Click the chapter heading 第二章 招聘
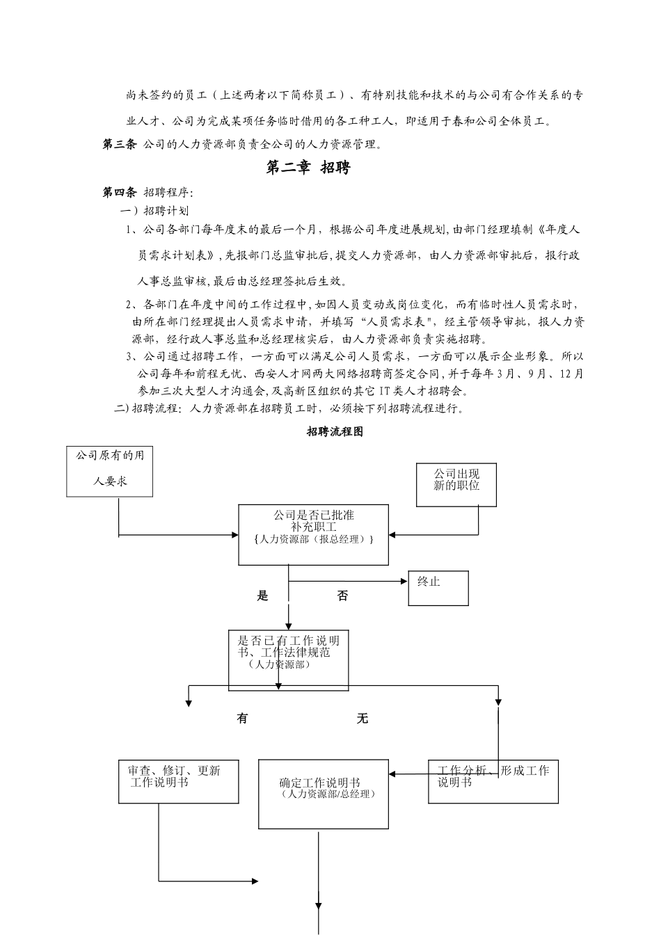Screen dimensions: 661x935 (x=308, y=167)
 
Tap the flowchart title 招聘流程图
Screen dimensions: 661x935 (x=335, y=432)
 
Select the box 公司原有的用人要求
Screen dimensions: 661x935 (x=110, y=472)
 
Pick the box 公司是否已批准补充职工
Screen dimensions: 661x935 (x=313, y=534)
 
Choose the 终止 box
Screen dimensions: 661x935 (x=438, y=588)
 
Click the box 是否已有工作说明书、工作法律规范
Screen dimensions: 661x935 (x=288, y=660)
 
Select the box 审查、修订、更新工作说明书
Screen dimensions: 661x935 (x=178, y=781)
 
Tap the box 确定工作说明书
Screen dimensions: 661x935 (x=324, y=794)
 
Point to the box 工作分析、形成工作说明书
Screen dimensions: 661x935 (x=493, y=781)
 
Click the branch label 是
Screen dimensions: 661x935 (x=262, y=596)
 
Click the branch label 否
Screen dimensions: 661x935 (x=342, y=596)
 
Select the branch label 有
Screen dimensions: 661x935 (x=242, y=719)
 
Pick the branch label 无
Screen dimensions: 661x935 (x=363, y=719)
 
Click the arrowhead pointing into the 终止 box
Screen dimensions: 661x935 (x=404, y=582)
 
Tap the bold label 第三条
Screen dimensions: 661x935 (x=120, y=145)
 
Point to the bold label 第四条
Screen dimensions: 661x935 (x=120, y=192)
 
